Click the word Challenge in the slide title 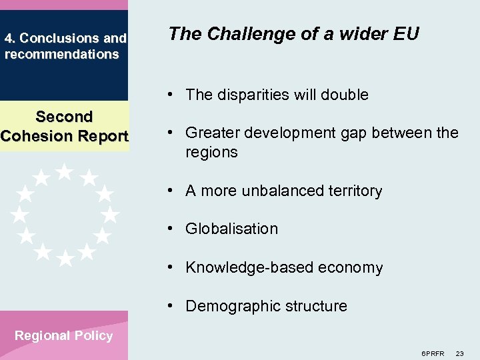[244, 33]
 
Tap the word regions [211, 152]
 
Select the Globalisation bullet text [231, 229]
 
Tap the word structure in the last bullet [317, 306]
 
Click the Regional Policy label [64, 335]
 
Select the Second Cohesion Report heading [64, 127]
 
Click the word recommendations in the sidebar [61, 54]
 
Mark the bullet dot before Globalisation [171, 229]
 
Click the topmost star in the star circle [64, 171]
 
